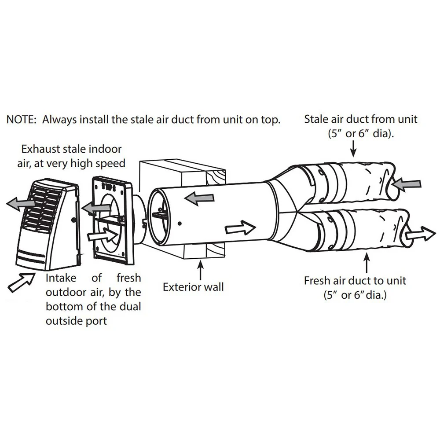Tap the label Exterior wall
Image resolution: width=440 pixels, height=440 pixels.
tap(193, 287)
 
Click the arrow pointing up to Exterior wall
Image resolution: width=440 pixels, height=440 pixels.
tap(201, 270)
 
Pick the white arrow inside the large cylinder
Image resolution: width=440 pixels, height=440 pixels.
tap(240, 228)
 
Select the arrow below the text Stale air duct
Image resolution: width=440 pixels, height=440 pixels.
tap(354, 149)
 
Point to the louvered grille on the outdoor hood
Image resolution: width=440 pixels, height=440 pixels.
tap(44, 205)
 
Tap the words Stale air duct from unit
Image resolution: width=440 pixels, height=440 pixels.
tap(361, 119)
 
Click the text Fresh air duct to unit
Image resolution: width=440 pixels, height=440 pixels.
tap(355, 280)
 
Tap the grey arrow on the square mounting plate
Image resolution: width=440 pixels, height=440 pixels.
tap(94, 208)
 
